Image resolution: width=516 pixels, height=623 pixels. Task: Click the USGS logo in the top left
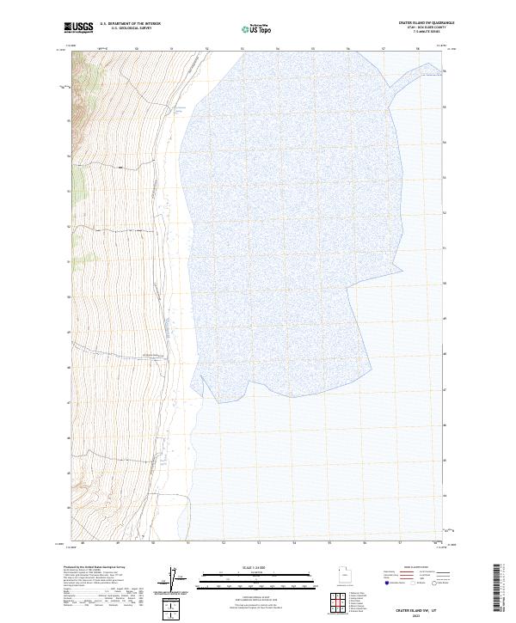[78, 27]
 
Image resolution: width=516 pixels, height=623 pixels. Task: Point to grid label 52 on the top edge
[207, 49]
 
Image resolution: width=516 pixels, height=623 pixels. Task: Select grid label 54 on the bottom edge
[294, 543]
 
